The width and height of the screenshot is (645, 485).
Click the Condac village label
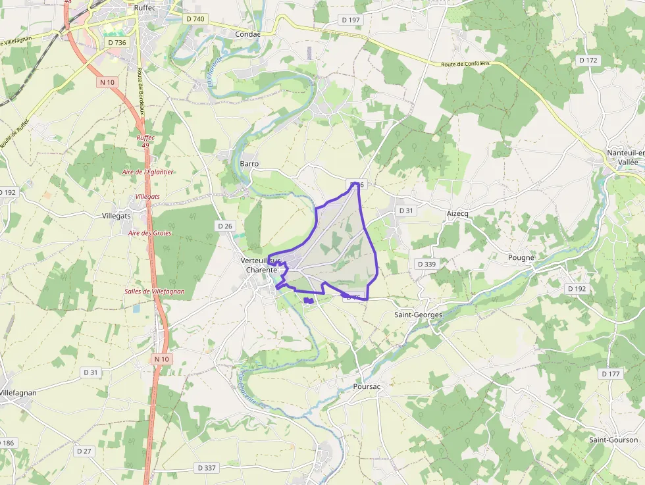click(x=247, y=34)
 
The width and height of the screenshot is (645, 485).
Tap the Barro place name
click(x=249, y=163)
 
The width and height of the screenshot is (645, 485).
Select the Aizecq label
click(x=457, y=214)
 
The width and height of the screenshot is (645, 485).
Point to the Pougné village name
click(x=521, y=257)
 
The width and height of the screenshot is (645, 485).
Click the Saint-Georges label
click(x=418, y=315)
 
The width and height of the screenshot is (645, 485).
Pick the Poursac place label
click(x=367, y=387)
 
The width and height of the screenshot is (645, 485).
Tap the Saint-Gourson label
click(x=613, y=440)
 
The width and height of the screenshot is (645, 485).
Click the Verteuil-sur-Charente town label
click(x=262, y=265)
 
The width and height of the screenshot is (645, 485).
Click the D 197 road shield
click(x=351, y=20)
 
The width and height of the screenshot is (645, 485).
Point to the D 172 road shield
click(x=588, y=60)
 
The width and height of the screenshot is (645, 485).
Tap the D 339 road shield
click(x=426, y=264)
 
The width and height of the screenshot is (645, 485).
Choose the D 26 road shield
click(x=225, y=226)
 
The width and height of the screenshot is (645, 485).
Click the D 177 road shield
click(x=611, y=374)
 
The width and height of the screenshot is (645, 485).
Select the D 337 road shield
click(x=207, y=468)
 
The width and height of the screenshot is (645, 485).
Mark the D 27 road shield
click(x=84, y=451)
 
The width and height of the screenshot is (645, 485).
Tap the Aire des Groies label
click(x=150, y=233)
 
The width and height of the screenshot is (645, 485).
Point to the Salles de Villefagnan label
click(x=155, y=292)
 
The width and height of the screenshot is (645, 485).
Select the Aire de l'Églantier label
click(x=148, y=172)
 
